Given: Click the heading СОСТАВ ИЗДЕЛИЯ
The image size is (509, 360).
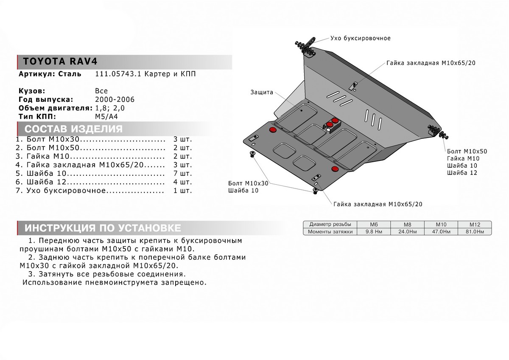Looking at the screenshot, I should [73, 129].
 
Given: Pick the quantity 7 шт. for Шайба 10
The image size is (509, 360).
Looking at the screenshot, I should [182, 174].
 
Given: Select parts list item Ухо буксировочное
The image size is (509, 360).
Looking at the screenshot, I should [66, 191].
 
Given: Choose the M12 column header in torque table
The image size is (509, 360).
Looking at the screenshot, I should [474, 224].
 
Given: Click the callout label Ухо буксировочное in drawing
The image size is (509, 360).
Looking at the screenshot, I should [360, 38].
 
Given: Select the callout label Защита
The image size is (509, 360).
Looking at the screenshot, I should [262, 92].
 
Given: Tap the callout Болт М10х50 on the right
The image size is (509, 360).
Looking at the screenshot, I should [467, 151].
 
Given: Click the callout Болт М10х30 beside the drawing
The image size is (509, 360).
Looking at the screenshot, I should [248, 183].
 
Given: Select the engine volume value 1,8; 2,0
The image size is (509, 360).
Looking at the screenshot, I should [110, 108].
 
